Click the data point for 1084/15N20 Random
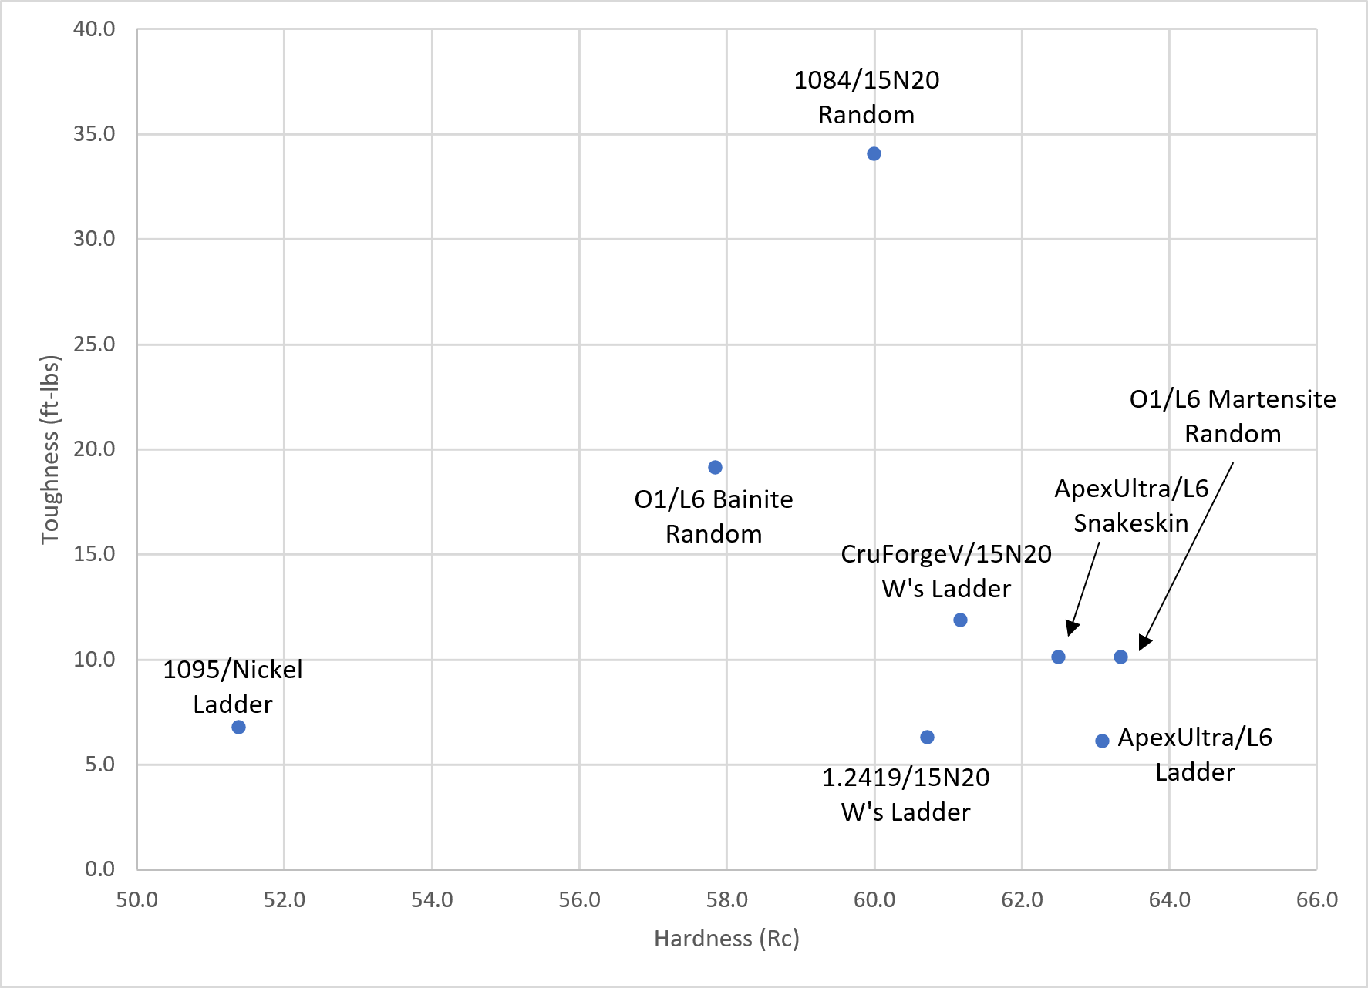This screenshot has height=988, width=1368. [874, 154]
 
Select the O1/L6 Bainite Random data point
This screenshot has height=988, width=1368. [715, 468]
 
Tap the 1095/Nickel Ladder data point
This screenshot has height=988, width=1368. [238, 728]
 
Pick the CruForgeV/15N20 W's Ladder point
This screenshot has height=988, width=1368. [960, 620]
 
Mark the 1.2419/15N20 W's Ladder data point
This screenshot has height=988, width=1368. [927, 738]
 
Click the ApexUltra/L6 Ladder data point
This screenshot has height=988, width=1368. [1102, 741]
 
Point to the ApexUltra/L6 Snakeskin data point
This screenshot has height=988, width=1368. [1058, 657]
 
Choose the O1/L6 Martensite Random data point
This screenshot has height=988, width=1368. [1120, 657]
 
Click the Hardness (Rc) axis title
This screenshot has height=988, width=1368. [726, 939]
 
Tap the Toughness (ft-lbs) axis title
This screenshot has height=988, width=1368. [50, 449]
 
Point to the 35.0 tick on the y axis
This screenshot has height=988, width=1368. [94, 134]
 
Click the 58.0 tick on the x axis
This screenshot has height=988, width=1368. [726, 899]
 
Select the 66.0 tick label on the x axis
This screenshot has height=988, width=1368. [1316, 899]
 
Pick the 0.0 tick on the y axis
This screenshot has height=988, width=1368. [99, 869]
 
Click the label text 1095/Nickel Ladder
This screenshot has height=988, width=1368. [232, 687]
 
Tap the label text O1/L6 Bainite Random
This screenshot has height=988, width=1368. [713, 516]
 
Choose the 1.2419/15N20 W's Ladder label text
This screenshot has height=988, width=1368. [905, 795]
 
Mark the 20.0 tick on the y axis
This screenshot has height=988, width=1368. [94, 449]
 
